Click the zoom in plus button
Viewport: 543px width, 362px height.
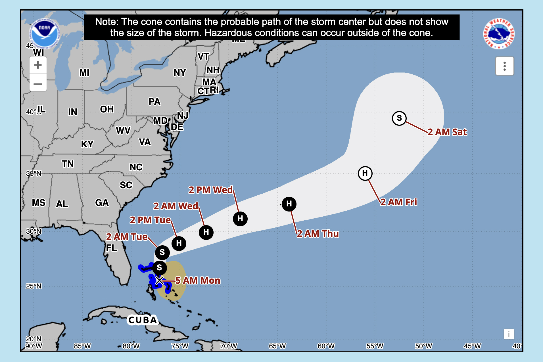(38, 65)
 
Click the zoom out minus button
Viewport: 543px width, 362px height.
(38, 83)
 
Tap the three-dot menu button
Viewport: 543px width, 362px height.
(504, 66)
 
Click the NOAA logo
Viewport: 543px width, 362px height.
(44, 34)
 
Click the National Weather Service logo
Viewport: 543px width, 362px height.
(499, 34)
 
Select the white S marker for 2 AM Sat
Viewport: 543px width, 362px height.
(399, 118)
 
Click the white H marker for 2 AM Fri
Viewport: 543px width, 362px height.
(365, 173)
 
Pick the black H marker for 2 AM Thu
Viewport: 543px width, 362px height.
(289, 204)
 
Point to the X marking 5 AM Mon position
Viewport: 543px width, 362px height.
(159, 281)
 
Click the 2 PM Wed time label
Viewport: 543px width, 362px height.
(210, 190)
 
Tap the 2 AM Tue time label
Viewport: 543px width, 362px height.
(127, 237)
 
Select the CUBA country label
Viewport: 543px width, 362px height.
(143, 320)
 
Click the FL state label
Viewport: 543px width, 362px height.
(111, 248)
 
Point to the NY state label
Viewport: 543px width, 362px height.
(180, 73)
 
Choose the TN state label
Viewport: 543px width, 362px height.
(68, 164)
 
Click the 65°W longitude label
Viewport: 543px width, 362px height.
(277, 346)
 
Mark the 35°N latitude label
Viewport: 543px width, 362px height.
(34, 173)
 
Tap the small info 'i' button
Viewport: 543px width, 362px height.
(509, 334)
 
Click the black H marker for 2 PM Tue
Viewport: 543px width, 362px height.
(179, 243)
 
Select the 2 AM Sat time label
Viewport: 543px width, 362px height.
(447, 132)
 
